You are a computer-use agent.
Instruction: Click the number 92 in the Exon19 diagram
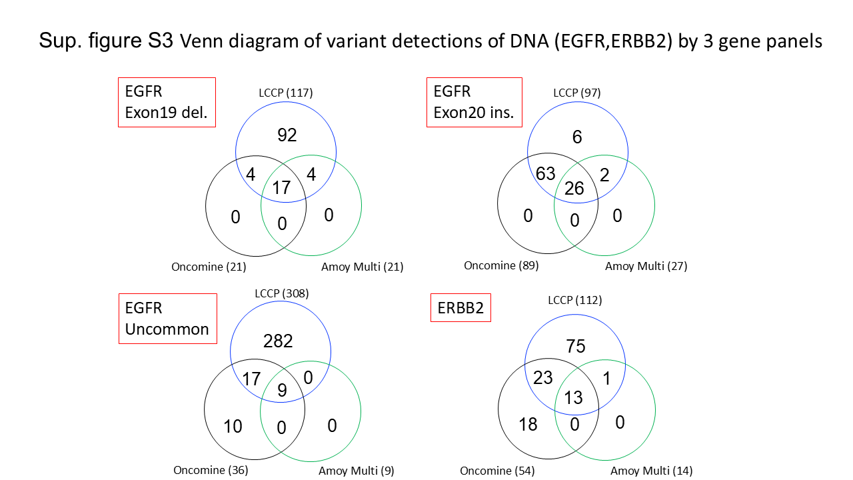click(287, 135)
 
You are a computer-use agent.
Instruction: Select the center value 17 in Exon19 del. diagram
click(281, 187)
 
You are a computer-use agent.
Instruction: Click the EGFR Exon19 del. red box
click(167, 102)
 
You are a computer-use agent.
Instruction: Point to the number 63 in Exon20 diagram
click(545, 175)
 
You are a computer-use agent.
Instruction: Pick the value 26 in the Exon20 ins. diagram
click(574, 189)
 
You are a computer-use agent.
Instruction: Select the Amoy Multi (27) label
click(646, 266)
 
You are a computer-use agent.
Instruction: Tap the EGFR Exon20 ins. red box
click(474, 102)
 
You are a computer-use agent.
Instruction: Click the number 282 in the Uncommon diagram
click(278, 341)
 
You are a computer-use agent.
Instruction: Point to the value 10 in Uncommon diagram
click(233, 426)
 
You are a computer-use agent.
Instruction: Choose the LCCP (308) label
click(281, 293)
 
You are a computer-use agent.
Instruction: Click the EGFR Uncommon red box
click(168, 319)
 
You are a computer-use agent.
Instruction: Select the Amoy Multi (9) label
click(356, 471)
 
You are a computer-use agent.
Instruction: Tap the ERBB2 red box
click(460, 309)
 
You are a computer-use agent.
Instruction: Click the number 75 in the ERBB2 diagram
click(575, 347)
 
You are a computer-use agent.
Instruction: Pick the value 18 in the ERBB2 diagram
click(528, 424)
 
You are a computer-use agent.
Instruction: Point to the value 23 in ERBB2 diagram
click(543, 378)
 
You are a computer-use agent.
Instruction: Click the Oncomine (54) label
click(497, 471)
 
